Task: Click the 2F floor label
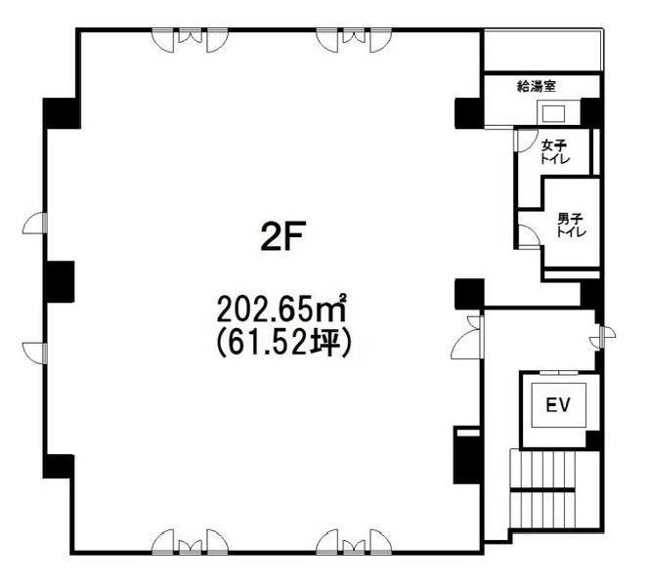click(x=282, y=236)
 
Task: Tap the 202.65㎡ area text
click(x=281, y=309)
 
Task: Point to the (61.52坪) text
click(x=283, y=343)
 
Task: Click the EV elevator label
click(x=558, y=404)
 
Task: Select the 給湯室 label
click(x=537, y=86)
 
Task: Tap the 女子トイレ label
click(x=555, y=151)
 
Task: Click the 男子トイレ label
click(x=571, y=225)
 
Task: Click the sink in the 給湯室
click(x=552, y=112)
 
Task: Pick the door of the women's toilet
click(x=525, y=141)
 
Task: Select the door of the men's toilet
click(x=529, y=236)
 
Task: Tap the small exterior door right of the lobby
click(x=602, y=337)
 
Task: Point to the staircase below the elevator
click(x=542, y=490)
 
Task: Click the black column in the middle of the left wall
click(x=59, y=281)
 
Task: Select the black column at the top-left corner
click(x=62, y=113)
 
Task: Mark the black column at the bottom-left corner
click(x=59, y=466)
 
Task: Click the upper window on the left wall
click(x=35, y=223)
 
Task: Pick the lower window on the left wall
click(x=35, y=353)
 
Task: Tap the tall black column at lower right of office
click(x=467, y=455)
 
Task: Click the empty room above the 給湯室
click(x=541, y=51)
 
